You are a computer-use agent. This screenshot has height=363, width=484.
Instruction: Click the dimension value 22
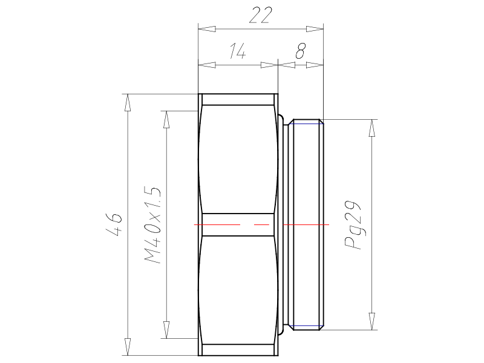tap(261, 16)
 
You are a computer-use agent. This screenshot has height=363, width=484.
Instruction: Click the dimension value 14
tap(238, 51)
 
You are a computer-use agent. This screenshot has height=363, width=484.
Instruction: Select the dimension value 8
tap(301, 51)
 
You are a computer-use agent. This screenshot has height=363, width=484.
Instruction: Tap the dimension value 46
tap(114, 224)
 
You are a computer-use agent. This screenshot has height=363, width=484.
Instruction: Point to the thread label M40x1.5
tap(152, 225)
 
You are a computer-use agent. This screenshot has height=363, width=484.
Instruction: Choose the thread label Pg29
tap(353, 225)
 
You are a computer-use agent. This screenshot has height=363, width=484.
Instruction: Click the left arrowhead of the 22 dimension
tap(207, 29)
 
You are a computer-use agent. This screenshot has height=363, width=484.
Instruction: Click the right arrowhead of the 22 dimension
tap(315, 29)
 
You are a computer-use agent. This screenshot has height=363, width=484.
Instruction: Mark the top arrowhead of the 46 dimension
tap(128, 102)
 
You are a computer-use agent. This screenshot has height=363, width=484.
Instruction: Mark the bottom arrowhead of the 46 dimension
tap(128, 347)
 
